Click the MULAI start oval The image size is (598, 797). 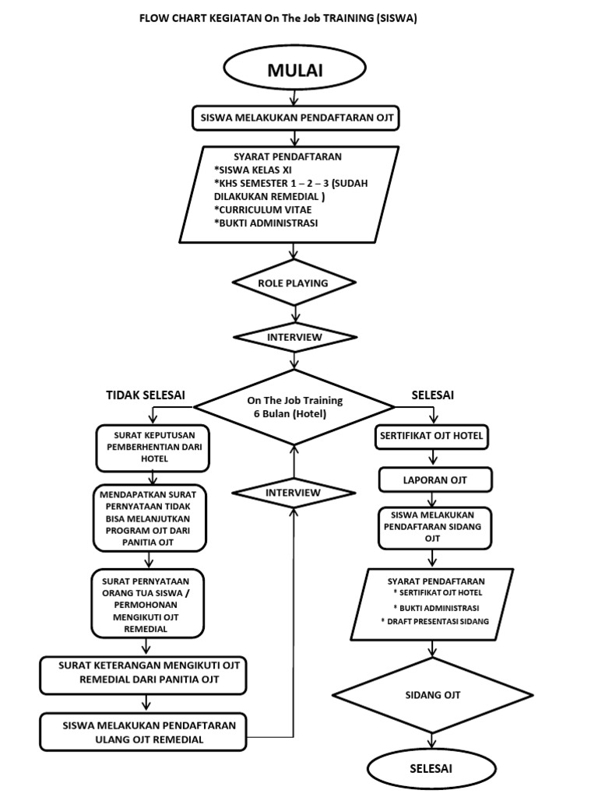pos(294,71)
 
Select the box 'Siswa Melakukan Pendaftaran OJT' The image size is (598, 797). pos(295,119)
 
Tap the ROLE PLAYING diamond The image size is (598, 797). pos(294,283)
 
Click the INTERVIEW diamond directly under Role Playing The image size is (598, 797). pos(294,337)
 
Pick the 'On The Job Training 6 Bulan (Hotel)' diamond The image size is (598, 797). pos(294,407)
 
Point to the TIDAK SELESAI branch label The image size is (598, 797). pos(146,395)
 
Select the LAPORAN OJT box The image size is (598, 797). pos(434,480)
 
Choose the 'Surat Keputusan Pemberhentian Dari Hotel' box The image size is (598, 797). pos(153,448)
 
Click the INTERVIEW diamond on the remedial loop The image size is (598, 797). pos(293,493)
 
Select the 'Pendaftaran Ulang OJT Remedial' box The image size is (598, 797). pos(143,732)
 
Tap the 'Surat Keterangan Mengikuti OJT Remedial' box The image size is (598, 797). pos(143,673)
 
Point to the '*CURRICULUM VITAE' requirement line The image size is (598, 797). pos(259,209)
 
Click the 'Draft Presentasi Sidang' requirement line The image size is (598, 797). pos(434,621)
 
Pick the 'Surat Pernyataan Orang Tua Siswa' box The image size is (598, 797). pos(147,604)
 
